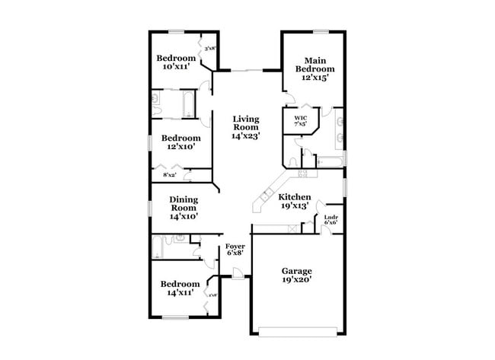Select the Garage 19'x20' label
click(296, 275)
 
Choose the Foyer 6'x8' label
click(235, 250)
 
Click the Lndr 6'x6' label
click(331, 221)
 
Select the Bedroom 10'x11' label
click(177, 62)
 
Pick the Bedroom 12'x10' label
click(180, 142)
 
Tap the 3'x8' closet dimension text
click(209, 49)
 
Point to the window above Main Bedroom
click(320, 31)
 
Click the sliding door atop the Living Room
click(246, 69)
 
